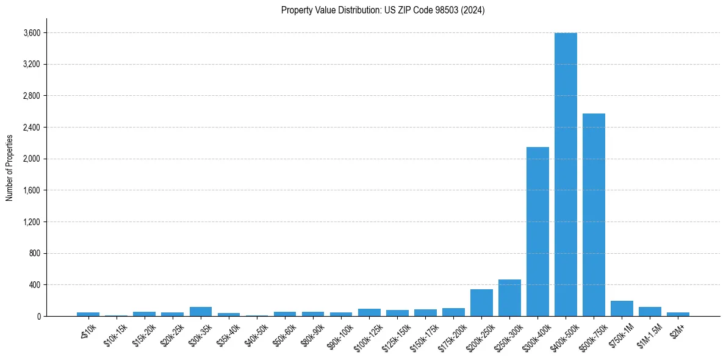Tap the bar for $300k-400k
pyautogui.click(x=537, y=232)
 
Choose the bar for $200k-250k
pyautogui.click(x=481, y=303)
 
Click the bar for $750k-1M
pyautogui.click(x=622, y=309)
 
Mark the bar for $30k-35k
pyautogui.click(x=200, y=312)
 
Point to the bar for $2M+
pyautogui.click(x=678, y=314)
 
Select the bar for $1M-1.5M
pyautogui.click(x=650, y=312)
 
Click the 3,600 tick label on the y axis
pyautogui.click(x=32, y=33)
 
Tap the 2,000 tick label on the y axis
pyautogui.click(x=32, y=159)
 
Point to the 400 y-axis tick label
pyautogui.click(x=35, y=285)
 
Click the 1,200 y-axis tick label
pyautogui.click(x=32, y=222)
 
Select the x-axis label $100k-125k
pyautogui.click(x=367, y=336)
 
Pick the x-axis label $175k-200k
pyautogui.click(x=451, y=336)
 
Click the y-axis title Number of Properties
pyautogui.click(x=9, y=167)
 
